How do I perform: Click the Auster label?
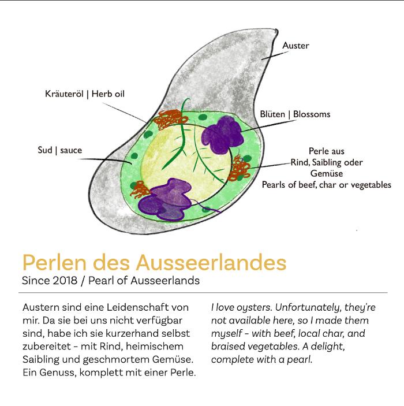point(295,46)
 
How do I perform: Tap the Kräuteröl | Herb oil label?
point(85,94)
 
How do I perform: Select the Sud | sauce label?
point(60,150)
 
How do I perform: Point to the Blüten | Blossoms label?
point(295,114)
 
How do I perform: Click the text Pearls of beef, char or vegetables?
point(326,185)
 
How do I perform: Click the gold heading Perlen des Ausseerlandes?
point(155,262)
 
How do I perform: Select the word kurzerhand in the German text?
point(132,333)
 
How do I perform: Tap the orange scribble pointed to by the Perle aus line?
point(239,168)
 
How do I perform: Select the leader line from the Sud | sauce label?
point(106,161)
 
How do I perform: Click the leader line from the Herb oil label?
point(125,113)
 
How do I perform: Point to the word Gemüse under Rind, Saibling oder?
point(327,173)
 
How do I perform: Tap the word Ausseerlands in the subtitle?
point(165,281)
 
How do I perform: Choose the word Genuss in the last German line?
point(58,373)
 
